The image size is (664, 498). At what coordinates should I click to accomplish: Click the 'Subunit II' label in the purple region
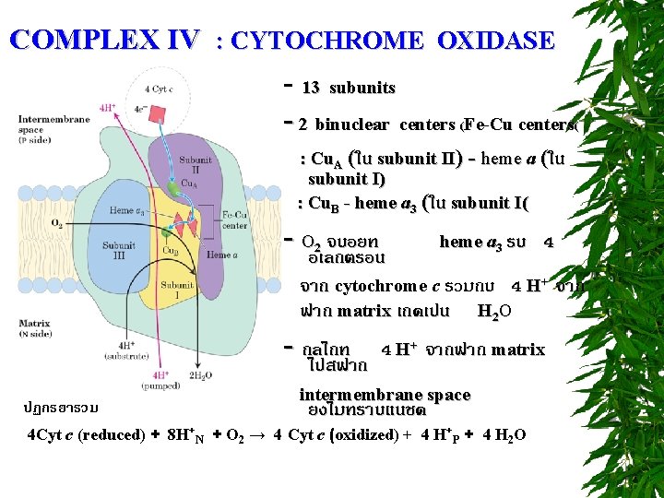(196, 163)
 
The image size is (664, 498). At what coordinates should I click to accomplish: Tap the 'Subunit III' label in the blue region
(119, 249)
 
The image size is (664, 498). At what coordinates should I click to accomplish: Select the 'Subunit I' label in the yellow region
(183, 290)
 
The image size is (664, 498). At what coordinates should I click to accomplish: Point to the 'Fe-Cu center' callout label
(235, 219)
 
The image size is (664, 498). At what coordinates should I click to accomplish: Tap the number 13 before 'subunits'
(311, 88)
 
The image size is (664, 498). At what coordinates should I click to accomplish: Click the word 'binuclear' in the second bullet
(354, 125)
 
